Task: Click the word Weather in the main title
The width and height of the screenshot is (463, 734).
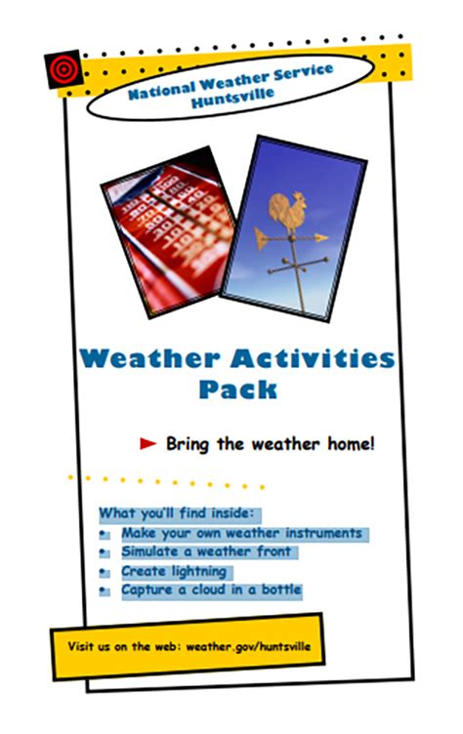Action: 149,358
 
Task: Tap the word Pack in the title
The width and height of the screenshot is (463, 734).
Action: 237,388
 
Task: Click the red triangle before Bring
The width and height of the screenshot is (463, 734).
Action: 148,444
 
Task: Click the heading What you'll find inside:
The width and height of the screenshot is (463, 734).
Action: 176,513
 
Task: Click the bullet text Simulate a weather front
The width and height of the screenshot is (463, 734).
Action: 207,552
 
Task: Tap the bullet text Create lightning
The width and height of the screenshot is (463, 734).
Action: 174,571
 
